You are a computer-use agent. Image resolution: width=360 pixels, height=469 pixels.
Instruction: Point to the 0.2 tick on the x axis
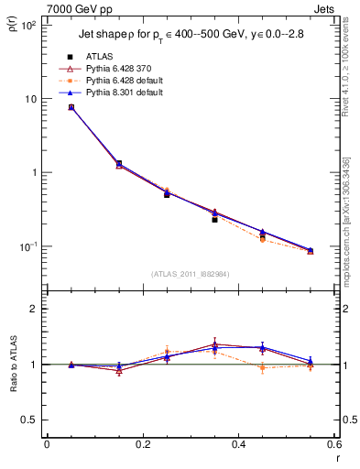(142, 444)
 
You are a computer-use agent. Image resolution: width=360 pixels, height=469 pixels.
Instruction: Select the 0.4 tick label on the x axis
(238, 444)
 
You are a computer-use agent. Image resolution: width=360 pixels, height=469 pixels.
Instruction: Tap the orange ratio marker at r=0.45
(263, 368)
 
